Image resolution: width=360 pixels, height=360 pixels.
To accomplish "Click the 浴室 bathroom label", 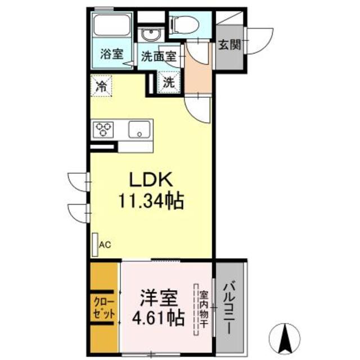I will (x=111, y=55).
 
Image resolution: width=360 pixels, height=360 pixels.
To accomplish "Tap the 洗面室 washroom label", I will (x=159, y=56).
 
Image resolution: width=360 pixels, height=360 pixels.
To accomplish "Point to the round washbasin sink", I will (x=150, y=35).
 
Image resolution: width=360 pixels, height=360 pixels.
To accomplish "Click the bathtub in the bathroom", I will (x=111, y=25).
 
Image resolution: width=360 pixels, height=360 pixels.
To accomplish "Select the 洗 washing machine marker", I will (x=169, y=82).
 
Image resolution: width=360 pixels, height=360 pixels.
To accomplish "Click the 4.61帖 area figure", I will (x=157, y=318).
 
